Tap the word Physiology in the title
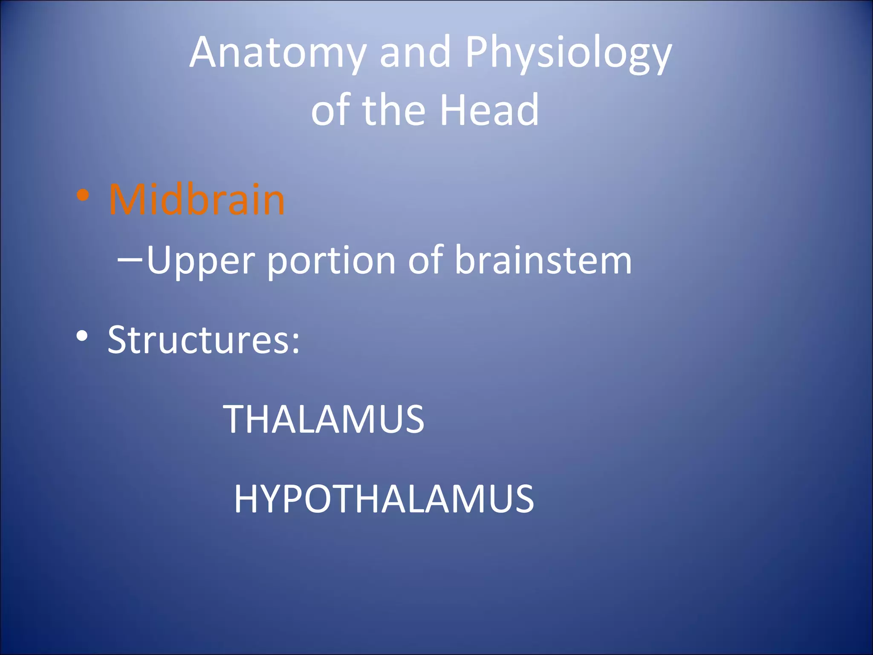click(x=569, y=53)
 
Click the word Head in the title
click(x=489, y=111)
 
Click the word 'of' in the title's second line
click(x=330, y=111)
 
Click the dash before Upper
click(x=130, y=259)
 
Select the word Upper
click(x=200, y=261)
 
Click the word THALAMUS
click(x=324, y=420)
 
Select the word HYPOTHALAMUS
click(x=384, y=499)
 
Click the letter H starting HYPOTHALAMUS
click(x=246, y=499)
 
